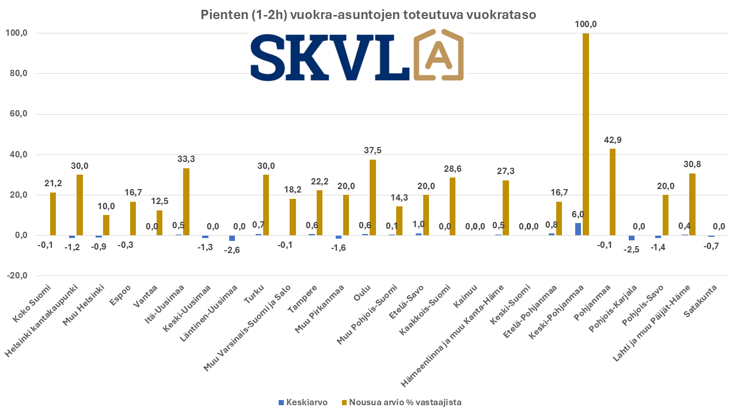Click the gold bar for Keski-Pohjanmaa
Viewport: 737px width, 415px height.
[586, 134]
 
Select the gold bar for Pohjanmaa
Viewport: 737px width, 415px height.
[612, 192]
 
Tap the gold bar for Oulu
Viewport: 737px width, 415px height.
[373, 197]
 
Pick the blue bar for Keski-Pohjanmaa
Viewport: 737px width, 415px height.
[578, 229]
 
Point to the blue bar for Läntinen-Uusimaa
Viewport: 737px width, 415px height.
[232, 238]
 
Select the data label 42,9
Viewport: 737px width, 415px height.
[613, 140]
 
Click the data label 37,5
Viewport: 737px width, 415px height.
[373, 150]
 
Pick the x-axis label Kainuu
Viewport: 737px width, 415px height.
[464, 293]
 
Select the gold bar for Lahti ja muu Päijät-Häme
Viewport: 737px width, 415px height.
[692, 204]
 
